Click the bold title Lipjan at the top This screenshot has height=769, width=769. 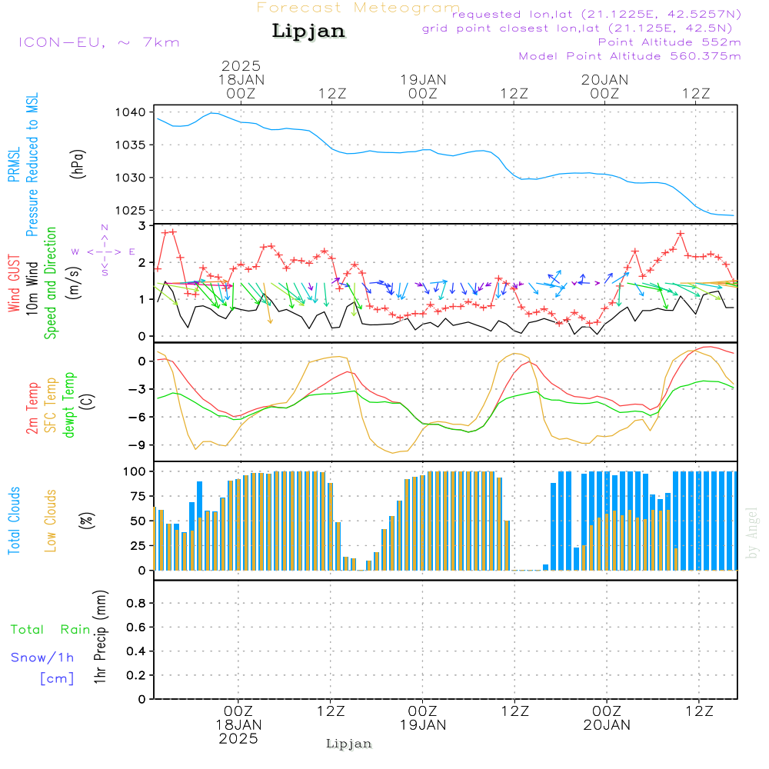coord(308,31)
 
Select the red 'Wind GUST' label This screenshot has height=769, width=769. coord(14,285)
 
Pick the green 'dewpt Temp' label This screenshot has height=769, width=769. coord(68,405)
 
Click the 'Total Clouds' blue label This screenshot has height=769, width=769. coord(14,521)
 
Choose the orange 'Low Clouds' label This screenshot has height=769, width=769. coord(51,521)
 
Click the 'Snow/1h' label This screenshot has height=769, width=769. coord(42,657)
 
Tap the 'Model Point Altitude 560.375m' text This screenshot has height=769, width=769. coord(630,56)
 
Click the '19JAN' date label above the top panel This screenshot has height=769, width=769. coord(423,79)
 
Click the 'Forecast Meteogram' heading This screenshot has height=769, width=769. coord(358,8)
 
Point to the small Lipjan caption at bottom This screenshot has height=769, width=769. coord(349,744)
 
